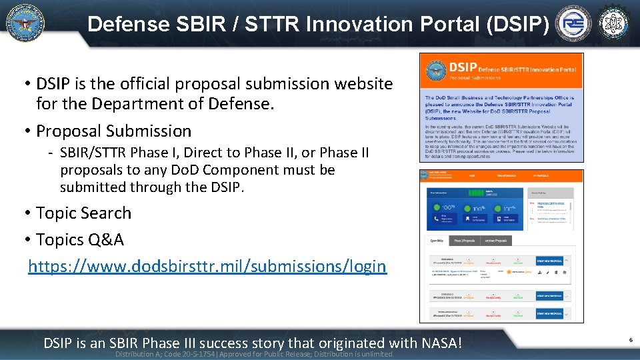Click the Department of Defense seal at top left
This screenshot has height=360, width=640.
[x=25, y=23]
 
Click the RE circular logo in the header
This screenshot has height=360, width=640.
[x=573, y=25]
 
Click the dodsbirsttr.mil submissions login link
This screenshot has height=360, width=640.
[x=207, y=266]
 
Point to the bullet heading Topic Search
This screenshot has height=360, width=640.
[x=83, y=213]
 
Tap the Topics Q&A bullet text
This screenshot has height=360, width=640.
[x=79, y=239]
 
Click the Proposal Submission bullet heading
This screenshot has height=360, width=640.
[x=113, y=131]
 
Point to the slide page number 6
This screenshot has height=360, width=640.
[x=630, y=340]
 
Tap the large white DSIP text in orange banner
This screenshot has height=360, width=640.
[x=462, y=67]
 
